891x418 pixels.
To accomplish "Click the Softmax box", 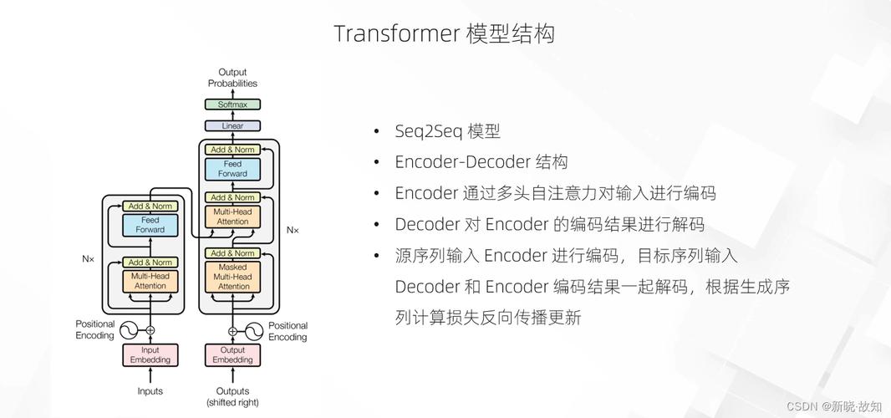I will (232, 104).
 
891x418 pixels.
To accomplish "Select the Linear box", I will (232, 126).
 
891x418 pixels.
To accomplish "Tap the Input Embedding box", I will (150, 355).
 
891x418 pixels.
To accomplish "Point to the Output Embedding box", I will (232, 355).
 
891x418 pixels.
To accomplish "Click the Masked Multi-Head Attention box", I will (232, 277).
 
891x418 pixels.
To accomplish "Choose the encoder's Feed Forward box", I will (150, 225).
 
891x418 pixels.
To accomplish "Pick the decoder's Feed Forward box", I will (232, 169).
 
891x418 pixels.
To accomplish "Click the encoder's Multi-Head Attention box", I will (150, 281).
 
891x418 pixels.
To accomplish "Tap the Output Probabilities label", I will (232, 78).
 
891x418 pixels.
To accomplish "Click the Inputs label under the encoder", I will (150, 391).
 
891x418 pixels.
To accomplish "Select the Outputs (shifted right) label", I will (232, 396).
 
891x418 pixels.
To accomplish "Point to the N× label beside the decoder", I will (293, 229).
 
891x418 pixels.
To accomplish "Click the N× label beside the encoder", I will (89, 259).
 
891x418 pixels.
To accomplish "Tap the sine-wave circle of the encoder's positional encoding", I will (130, 330).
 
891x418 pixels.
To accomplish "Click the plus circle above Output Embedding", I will (232, 330).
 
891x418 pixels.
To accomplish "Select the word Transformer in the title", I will (397, 33).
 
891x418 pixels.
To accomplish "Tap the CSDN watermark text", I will (802, 405).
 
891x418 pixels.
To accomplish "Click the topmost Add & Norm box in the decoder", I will (232, 150).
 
